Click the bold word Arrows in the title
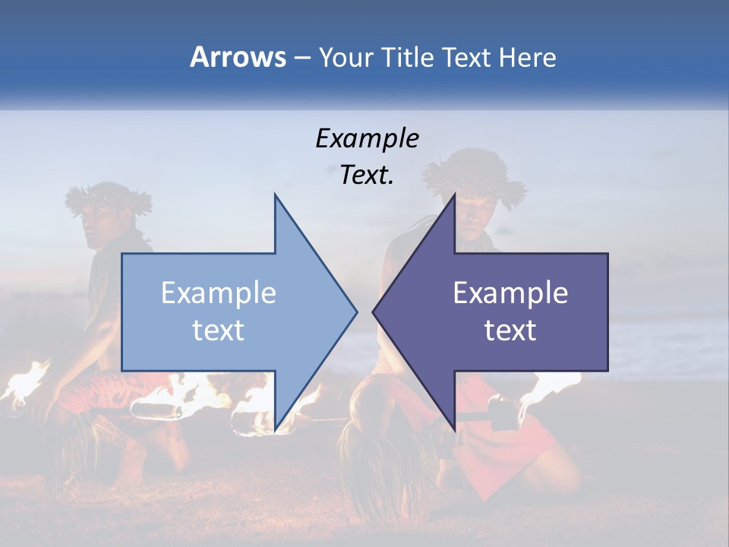point(238,57)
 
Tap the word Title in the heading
point(407,57)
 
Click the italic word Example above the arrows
point(367,139)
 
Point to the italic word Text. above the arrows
point(367,175)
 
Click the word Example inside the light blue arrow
point(218,293)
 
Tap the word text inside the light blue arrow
point(218,330)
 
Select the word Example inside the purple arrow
point(510,293)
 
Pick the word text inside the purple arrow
point(510,330)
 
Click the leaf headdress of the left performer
point(108,197)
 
